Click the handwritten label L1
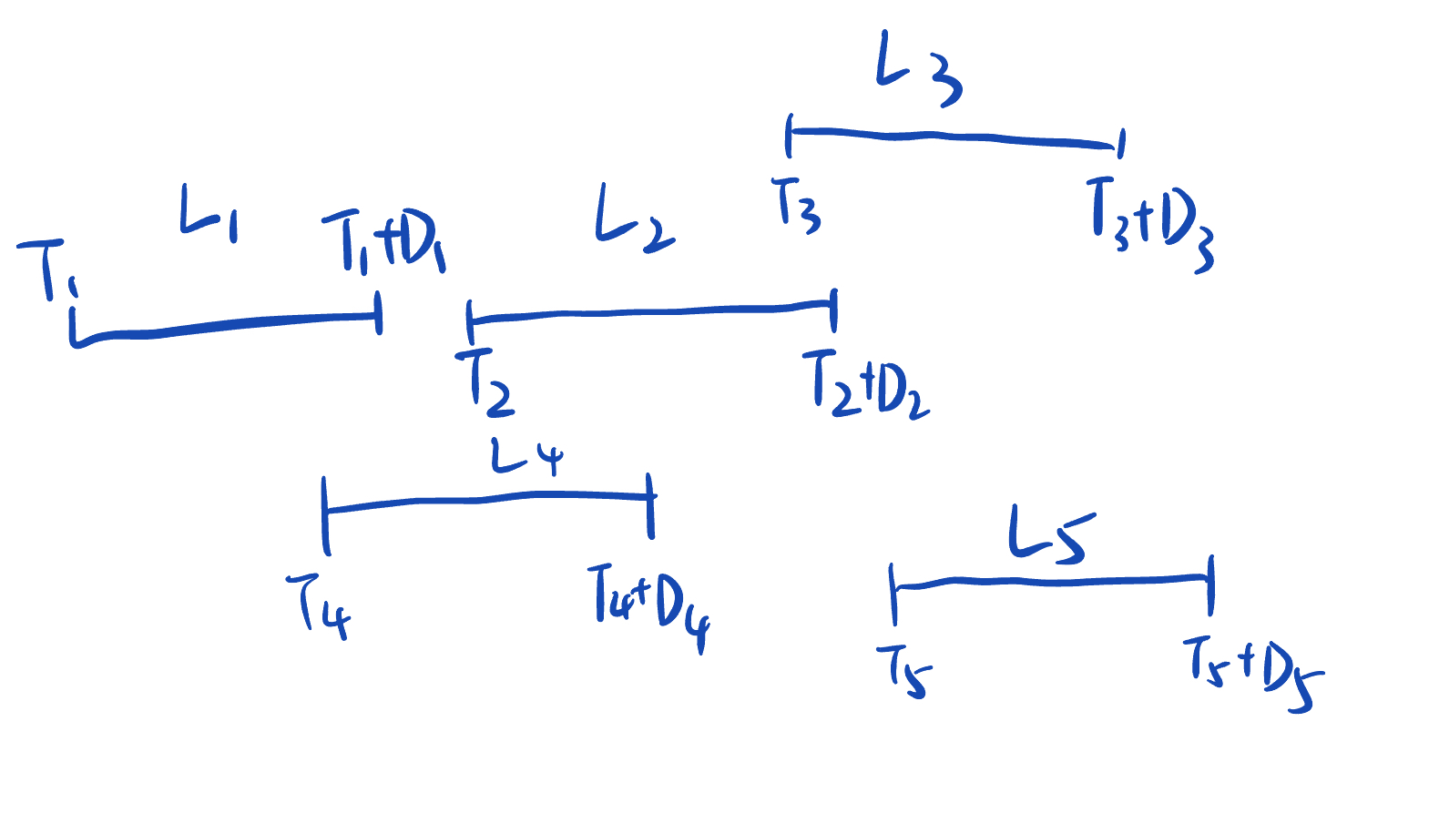pos(209,213)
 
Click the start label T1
pos(47,269)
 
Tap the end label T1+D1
pos(383,241)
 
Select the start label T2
pos(485,382)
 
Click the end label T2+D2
pos(865,383)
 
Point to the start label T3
pos(796,205)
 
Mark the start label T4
pos(319,605)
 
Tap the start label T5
pos(903,671)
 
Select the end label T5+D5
pos(1251,672)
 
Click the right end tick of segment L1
pos(379,313)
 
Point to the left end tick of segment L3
pos(790,135)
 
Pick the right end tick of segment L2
pos(833,310)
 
